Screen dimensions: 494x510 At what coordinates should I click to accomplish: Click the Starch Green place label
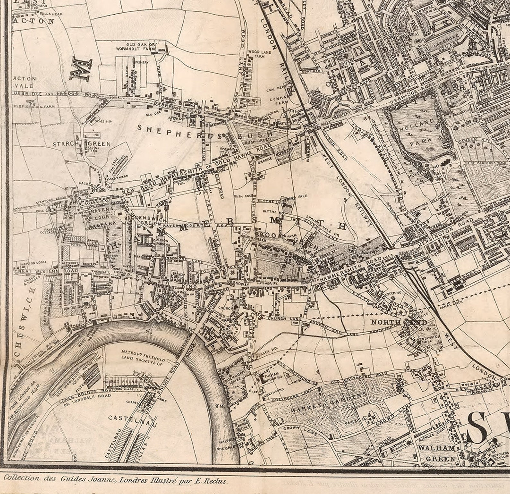[82, 144]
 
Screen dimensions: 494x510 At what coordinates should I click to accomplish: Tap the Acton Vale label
[25, 82]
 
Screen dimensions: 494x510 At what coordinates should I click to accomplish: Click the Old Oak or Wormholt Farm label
[141, 47]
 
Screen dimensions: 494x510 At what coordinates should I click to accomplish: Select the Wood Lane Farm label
[259, 54]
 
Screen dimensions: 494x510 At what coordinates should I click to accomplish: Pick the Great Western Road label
[46, 271]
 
